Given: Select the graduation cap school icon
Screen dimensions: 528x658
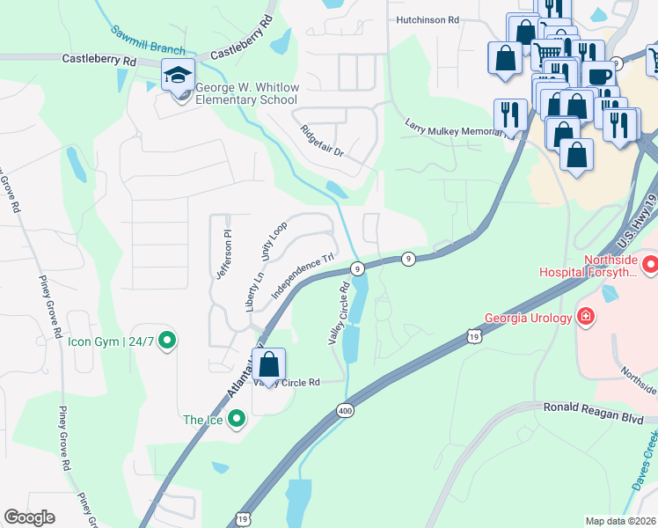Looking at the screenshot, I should click(x=178, y=76).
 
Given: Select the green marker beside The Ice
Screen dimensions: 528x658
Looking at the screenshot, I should click(x=235, y=420).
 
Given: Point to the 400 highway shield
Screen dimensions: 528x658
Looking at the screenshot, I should click(x=345, y=410).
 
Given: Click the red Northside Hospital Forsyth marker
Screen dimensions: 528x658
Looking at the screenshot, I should click(x=649, y=262).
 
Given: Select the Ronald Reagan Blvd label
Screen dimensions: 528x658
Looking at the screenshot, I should click(x=595, y=407).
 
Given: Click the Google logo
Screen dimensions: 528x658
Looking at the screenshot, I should click(x=29, y=517).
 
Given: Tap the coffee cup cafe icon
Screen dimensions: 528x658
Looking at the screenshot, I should click(x=599, y=76).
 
